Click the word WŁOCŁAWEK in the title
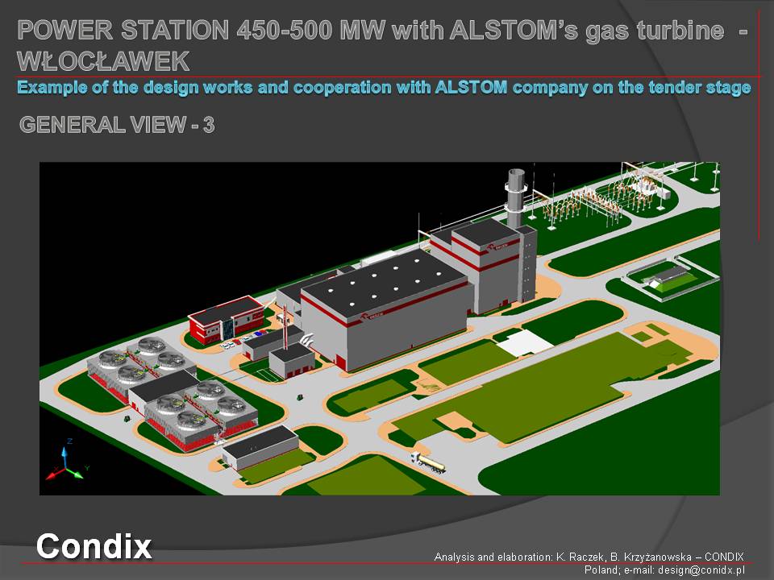coord(103,61)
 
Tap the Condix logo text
coord(94,546)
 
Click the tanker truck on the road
coord(428,462)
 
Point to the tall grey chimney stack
coord(515,197)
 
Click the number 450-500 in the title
coord(285,30)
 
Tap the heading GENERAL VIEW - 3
coord(117,125)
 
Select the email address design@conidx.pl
coord(701,570)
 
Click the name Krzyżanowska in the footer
coord(658,557)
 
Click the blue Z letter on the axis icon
coord(70,441)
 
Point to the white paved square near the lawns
coord(524,342)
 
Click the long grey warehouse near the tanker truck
coord(260,447)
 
